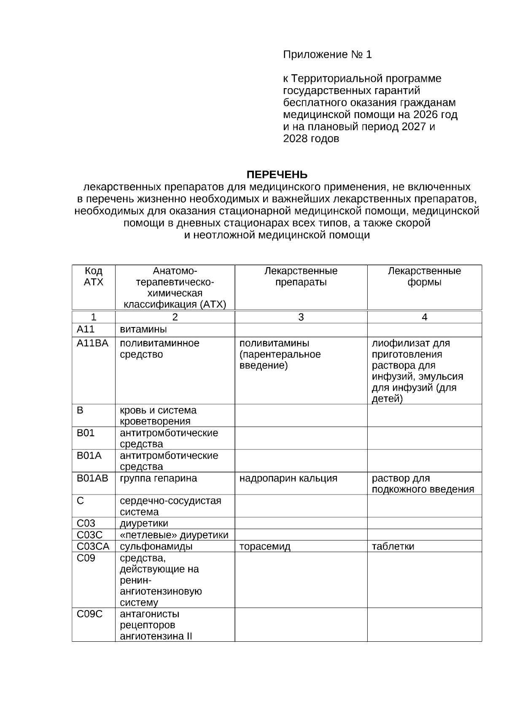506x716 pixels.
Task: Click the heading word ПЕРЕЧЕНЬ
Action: point(277,175)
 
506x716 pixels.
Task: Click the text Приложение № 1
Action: point(327,55)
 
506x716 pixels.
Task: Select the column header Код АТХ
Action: point(93,276)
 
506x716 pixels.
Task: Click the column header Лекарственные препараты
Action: point(301,276)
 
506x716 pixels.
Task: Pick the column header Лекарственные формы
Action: point(424,276)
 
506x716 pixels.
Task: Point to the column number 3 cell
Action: point(301,317)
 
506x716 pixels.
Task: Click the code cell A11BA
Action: point(92,343)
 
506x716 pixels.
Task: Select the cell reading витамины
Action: point(143,329)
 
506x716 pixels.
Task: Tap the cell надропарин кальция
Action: point(288,478)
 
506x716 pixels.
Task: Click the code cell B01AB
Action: point(92,478)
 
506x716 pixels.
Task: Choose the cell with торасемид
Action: point(265,546)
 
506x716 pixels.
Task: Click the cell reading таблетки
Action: point(393,546)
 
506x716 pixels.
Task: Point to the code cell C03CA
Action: point(93,546)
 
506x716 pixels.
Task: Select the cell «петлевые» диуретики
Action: point(174,535)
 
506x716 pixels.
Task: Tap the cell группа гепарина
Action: point(159,478)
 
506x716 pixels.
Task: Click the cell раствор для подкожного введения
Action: point(423,484)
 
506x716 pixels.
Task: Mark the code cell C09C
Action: point(89,614)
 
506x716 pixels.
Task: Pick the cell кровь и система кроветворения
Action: point(158,416)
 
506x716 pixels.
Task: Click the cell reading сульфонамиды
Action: point(156,546)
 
